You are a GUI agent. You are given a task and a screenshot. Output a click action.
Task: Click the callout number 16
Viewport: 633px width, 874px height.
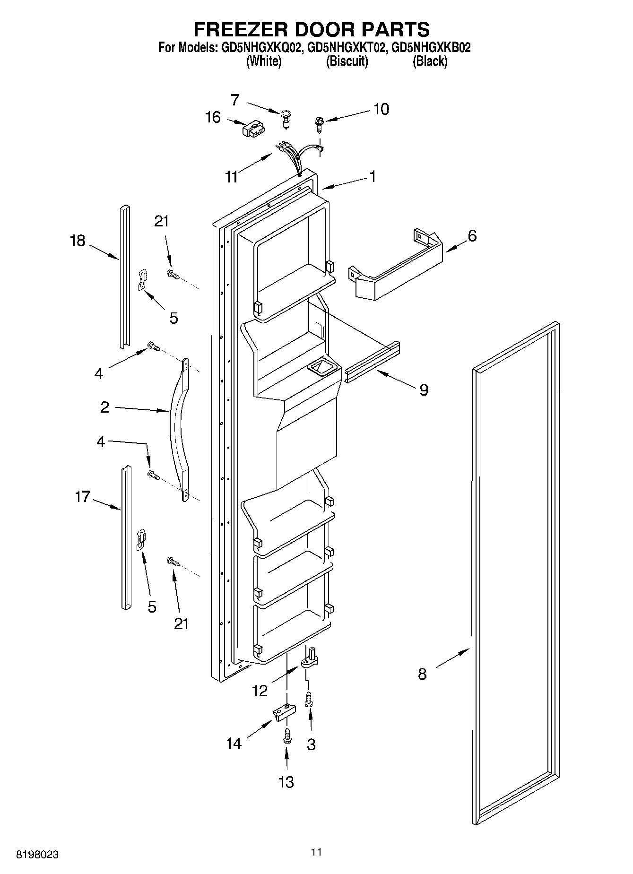click(213, 117)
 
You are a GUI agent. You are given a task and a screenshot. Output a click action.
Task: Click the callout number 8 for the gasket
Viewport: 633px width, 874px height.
click(422, 674)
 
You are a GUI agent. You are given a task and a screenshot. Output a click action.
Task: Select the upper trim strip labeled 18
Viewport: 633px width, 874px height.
click(124, 277)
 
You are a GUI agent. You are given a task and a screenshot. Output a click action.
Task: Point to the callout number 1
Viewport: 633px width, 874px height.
click(373, 176)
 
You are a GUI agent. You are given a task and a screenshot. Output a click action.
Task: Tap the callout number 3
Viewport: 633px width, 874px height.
click(311, 744)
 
